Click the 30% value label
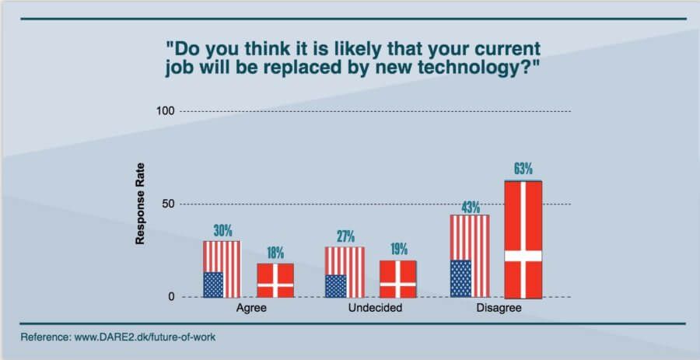222,232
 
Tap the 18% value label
275,253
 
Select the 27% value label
345,236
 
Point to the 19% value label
398,250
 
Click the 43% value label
470,207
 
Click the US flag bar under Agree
222,269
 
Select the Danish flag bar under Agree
275,281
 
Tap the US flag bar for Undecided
345,272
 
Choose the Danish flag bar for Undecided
398,279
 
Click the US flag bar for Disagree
470,256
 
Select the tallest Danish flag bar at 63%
523,239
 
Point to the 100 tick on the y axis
164,111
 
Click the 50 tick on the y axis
166,204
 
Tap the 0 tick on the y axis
170,297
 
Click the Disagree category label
498,309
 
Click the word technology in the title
479,67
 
